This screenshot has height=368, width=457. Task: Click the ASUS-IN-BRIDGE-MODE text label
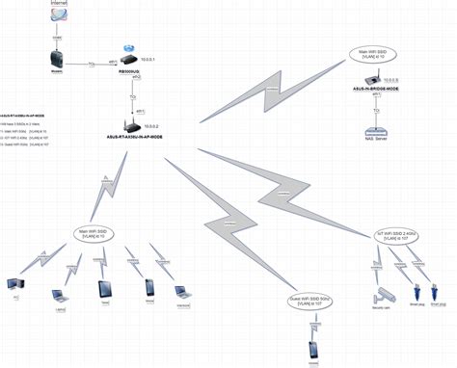click(x=376, y=89)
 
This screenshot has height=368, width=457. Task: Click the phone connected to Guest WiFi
click(x=313, y=350)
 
